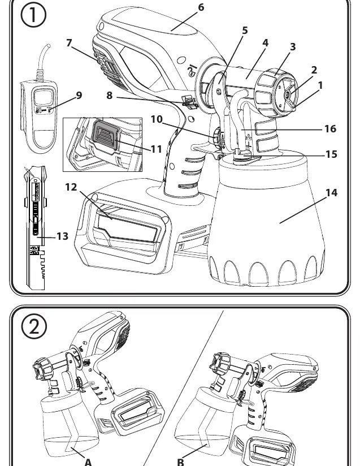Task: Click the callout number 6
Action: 201,7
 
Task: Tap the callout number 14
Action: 332,193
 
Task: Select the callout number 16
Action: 330,129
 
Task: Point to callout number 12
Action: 71,187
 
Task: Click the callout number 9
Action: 79,95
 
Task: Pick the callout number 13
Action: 62,236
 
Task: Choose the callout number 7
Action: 69,43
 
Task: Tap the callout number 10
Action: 157,119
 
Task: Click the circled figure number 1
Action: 33,15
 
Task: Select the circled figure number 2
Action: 34,326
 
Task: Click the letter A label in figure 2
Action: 88,462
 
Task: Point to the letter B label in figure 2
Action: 181,462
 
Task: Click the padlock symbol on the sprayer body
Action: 192,71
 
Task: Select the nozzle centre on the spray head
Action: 288,95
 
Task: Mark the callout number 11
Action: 156,149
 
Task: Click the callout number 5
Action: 245,31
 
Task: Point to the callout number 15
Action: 331,154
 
